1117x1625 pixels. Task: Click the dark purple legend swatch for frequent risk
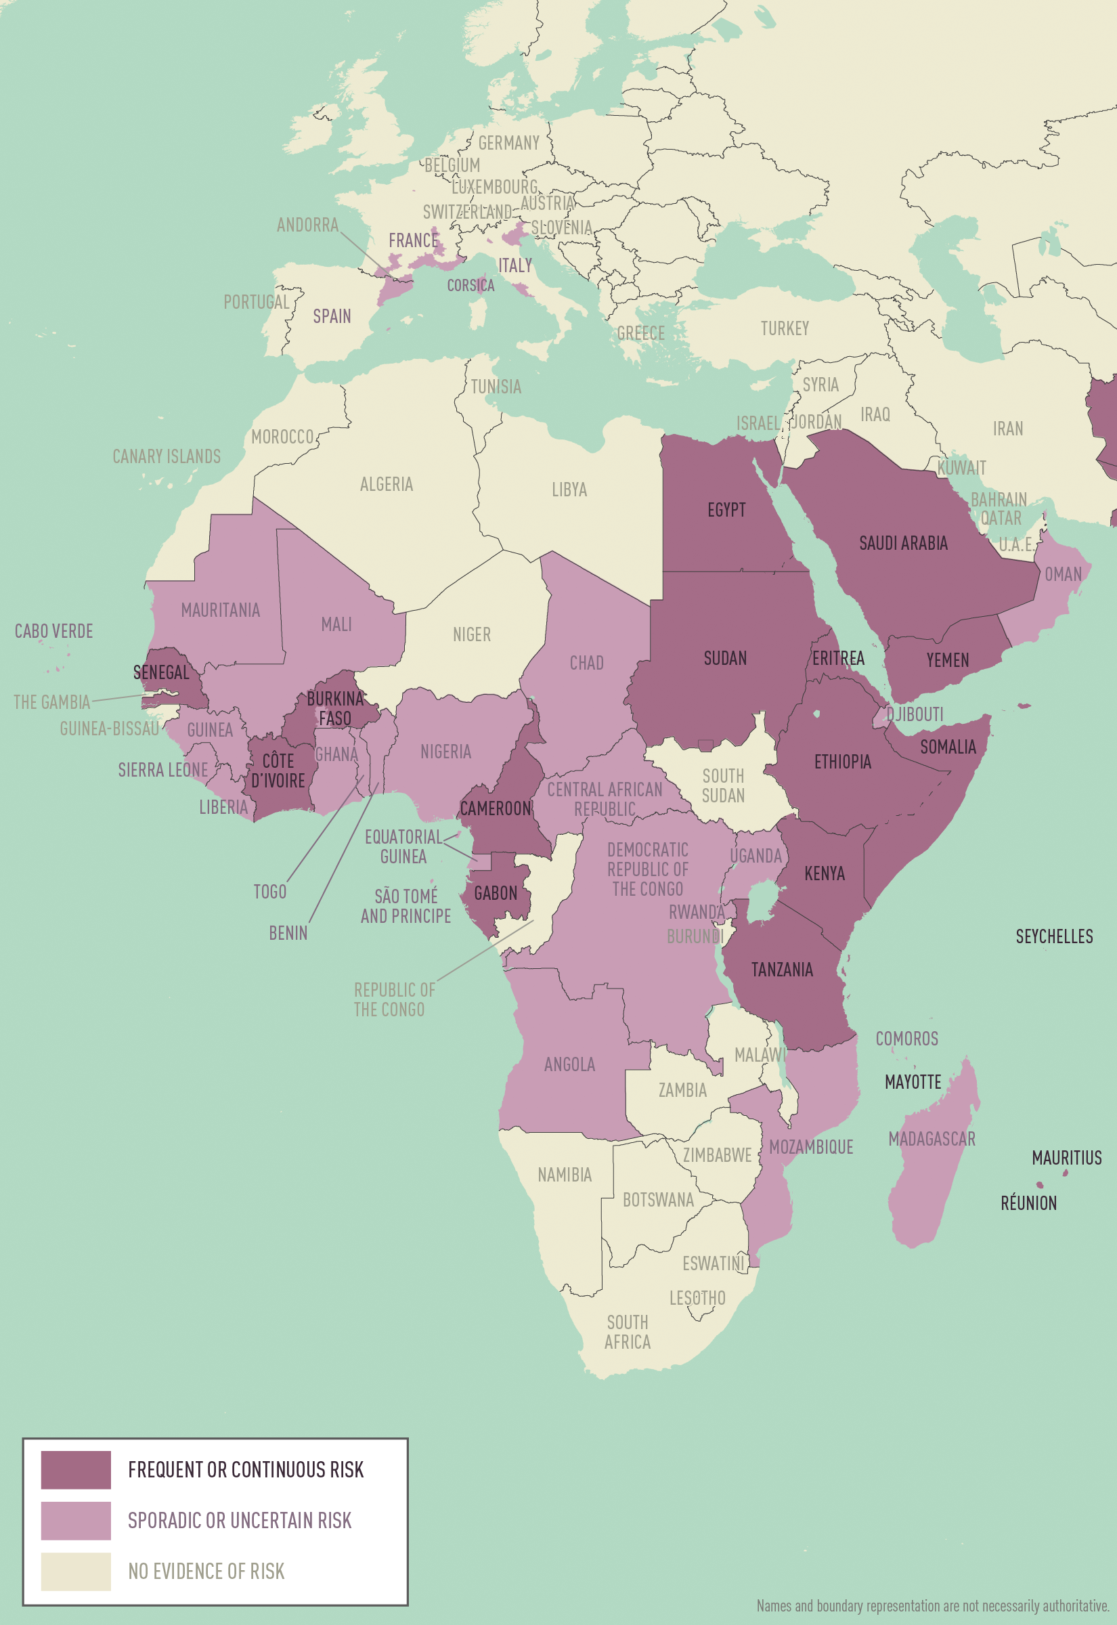76,1470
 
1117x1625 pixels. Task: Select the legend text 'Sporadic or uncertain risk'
240,1520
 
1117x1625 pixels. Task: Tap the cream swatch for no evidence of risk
76,1571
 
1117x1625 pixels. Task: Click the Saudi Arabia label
903,543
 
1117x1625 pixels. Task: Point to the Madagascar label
932,1139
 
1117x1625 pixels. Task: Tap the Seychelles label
1053,936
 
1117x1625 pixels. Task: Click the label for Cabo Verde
54,631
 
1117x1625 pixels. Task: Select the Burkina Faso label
335,708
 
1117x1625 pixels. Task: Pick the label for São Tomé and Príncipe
406,905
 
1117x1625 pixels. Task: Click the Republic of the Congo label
394,999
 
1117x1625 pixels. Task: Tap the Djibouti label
914,714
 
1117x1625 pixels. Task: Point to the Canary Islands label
167,457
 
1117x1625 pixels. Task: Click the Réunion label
1028,1203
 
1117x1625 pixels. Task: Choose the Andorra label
307,225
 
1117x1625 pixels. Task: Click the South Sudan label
723,785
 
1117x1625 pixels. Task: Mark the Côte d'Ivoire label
278,771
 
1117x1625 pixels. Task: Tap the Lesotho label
697,1298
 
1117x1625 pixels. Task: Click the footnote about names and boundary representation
932,1605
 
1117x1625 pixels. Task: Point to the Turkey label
785,328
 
